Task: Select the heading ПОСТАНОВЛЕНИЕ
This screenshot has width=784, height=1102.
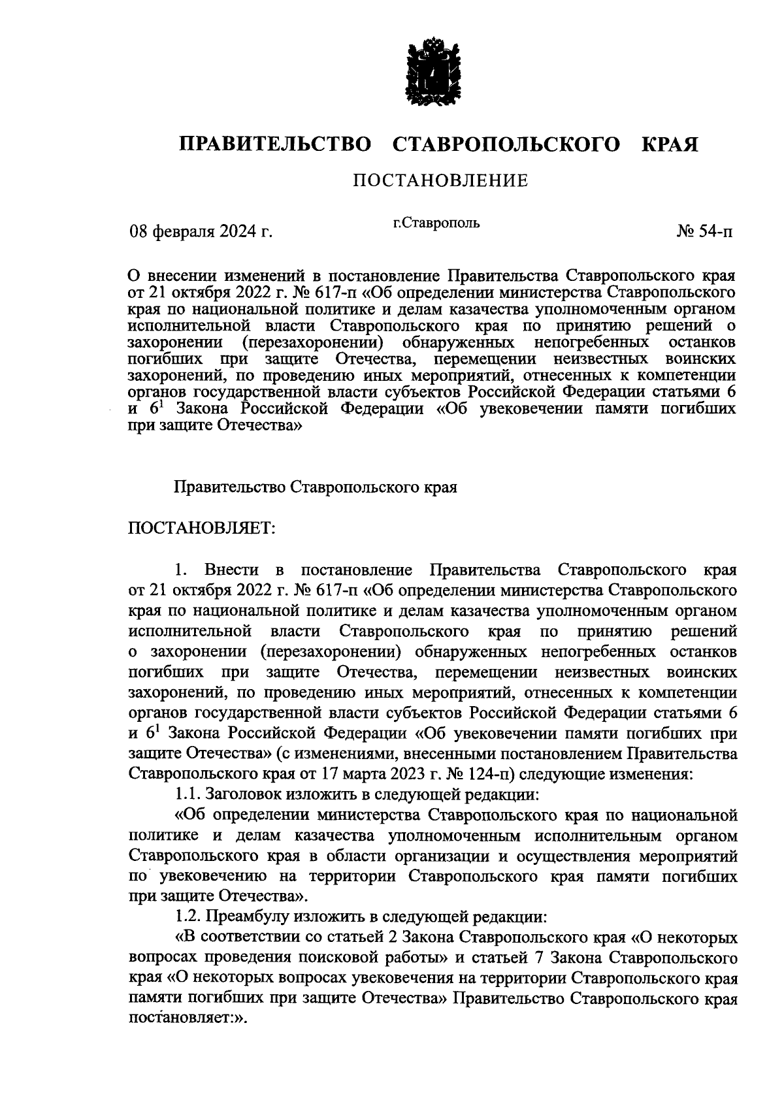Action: (x=440, y=181)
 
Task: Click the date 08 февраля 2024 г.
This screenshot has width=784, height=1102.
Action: (x=201, y=231)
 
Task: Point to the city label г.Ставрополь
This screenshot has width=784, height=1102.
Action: (x=436, y=223)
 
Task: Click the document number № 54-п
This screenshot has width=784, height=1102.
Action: (x=705, y=231)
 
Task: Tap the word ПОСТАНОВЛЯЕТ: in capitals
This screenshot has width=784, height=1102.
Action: (x=203, y=528)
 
